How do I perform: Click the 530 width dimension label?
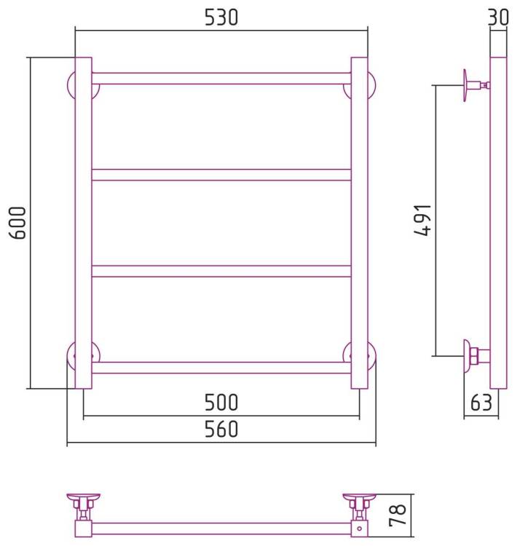tap(221, 17)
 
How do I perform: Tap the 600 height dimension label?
tap(17, 223)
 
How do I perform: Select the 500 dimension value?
tap(221, 402)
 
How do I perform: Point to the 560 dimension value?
tap(221, 429)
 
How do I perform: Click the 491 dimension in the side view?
tap(423, 221)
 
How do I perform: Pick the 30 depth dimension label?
tap(499, 17)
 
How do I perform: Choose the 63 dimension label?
tap(481, 403)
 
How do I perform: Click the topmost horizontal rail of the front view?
tap(221, 79)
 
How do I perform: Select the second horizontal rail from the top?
tap(221, 175)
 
